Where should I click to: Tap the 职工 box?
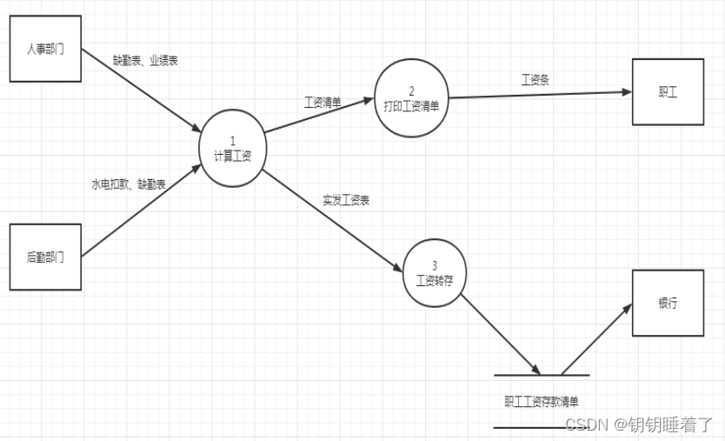click(668, 91)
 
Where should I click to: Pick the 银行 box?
click(668, 304)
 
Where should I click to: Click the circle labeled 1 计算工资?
click(232, 149)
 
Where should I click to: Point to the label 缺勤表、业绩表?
click(146, 61)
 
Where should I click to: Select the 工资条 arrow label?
click(535, 80)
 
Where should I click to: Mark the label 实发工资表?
click(346, 200)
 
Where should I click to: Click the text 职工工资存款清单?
click(541, 402)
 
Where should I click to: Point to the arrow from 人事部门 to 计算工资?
click(139, 90)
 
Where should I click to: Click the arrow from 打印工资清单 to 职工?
click(539, 94)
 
